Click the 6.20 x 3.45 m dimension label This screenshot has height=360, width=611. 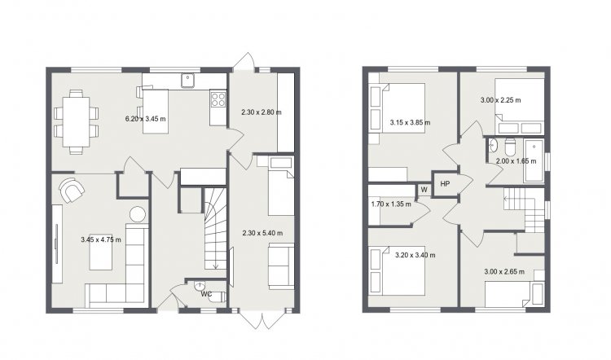tap(145, 119)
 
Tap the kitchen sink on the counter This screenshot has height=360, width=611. tap(188, 81)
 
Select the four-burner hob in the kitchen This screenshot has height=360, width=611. tap(218, 99)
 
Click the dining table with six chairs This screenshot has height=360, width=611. tap(76, 122)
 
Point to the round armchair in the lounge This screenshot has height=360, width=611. tap(72, 190)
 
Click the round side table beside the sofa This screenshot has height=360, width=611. tap(138, 214)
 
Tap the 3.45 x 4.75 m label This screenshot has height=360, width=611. tap(101, 239)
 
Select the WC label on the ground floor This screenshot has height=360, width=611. tap(207, 294)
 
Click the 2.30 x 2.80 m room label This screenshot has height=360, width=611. tap(261, 112)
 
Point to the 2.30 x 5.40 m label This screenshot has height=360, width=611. tap(262, 234)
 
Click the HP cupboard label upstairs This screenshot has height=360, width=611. tap(445, 183)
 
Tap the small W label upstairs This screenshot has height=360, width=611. tap(424, 190)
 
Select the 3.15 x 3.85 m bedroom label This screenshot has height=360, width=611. tap(410, 123)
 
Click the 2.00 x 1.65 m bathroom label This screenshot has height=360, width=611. tap(516, 161)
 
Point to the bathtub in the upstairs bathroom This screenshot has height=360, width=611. tap(534, 160)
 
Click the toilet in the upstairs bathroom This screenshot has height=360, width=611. tap(510, 147)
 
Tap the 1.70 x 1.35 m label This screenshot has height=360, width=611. tap(391, 204)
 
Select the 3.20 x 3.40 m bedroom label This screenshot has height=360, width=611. tap(415, 256)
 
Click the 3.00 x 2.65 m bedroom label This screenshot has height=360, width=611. tap(504, 272)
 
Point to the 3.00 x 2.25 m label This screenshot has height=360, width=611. tap(500, 100)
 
